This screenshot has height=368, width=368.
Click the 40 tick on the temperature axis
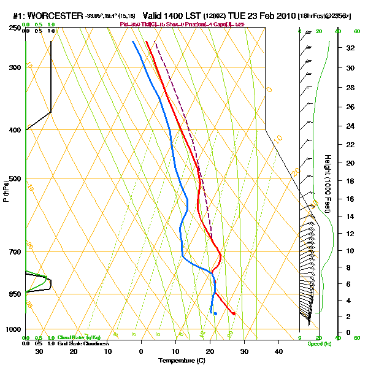click(278, 351)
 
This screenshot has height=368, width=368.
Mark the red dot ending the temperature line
click(234, 313)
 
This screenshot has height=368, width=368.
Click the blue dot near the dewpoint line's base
click(215, 314)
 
